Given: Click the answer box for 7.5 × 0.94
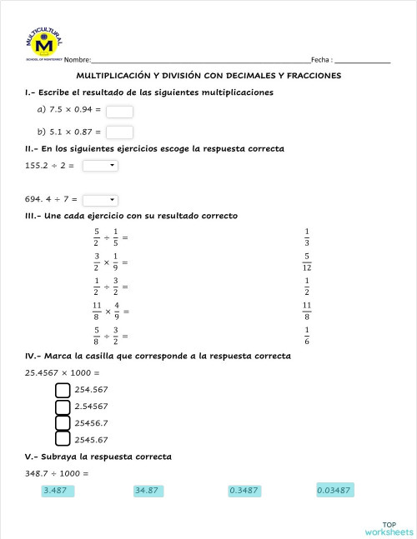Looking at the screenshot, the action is (x=120, y=111).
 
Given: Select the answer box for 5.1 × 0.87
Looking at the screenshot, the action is (x=120, y=132).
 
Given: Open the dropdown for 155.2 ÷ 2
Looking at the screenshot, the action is (x=101, y=166).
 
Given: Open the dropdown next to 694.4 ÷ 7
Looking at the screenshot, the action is (x=101, y=200).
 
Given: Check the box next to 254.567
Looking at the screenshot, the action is (x=63, y=390).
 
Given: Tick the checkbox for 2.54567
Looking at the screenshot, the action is (x=63, y=407).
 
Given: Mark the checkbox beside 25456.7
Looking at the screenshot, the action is (x=63, y=422).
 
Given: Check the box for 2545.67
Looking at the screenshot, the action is (x=63, y=439).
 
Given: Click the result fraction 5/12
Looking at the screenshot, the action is (x=307, y=262).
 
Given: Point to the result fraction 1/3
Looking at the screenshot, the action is (x=307, y=237).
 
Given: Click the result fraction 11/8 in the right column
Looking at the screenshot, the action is (x=307, y=311).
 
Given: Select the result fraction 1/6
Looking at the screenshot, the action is (x=307, y=335).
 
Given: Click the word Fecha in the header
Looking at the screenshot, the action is (x=320, y=60).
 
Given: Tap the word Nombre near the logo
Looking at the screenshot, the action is (x=77, y=60).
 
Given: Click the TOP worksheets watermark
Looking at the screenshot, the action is (x=388, y=527).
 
